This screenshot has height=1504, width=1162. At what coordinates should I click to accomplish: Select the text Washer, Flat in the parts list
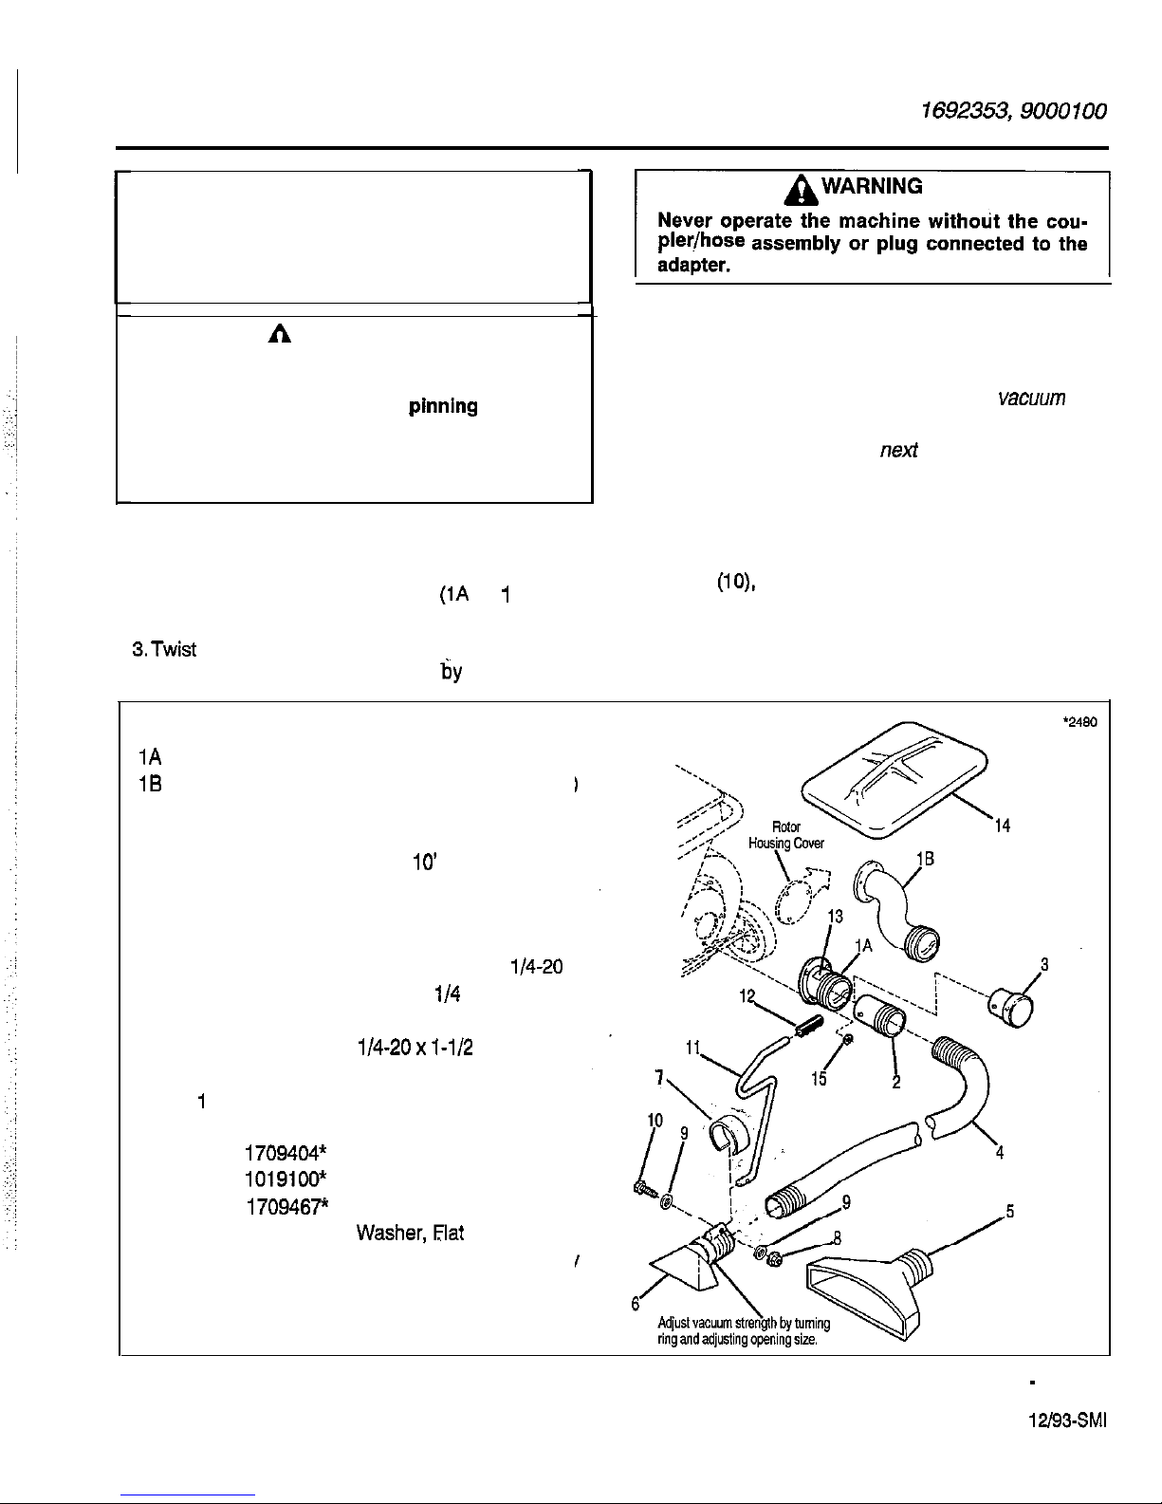[x=409, y=1234]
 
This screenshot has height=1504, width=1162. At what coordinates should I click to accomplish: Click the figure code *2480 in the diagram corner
[x=1079, y=721]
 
